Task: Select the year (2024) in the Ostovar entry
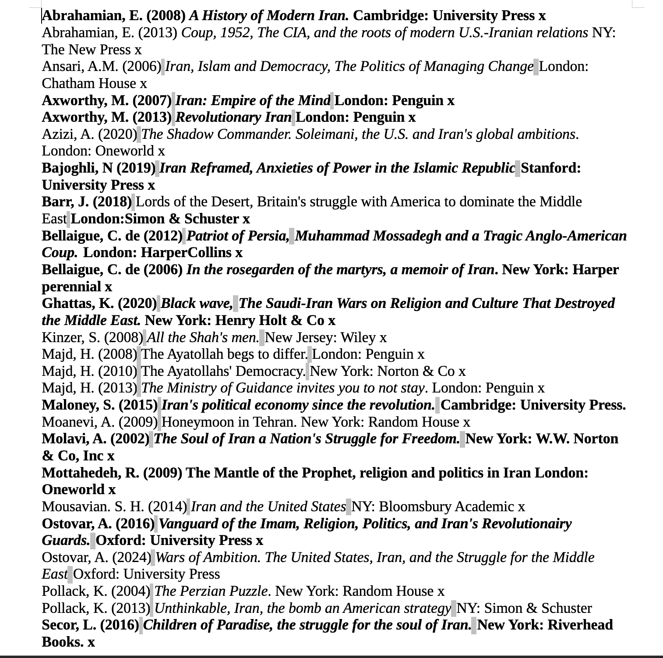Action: click(x=131, y=558)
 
